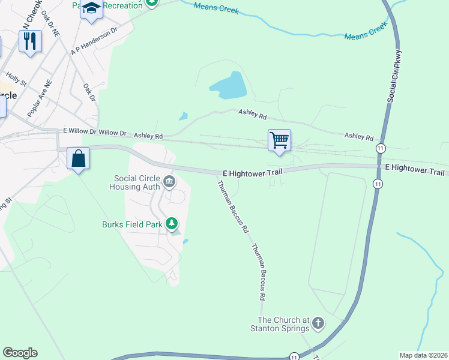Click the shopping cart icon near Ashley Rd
coord(279,140)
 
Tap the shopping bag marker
coord(78,159)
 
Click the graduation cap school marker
coord(92,8)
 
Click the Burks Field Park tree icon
coord(172,224)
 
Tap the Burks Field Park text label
coord(132,225)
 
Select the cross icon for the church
coord(318,324)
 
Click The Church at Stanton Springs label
coord(283,324)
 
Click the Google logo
coord(20,353)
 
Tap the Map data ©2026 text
coord(423,355)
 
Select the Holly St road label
coord(16,79)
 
